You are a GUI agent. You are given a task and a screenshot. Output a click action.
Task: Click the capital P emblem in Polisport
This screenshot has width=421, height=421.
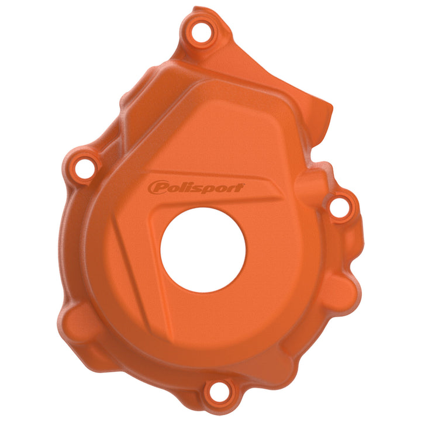[157, 188]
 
